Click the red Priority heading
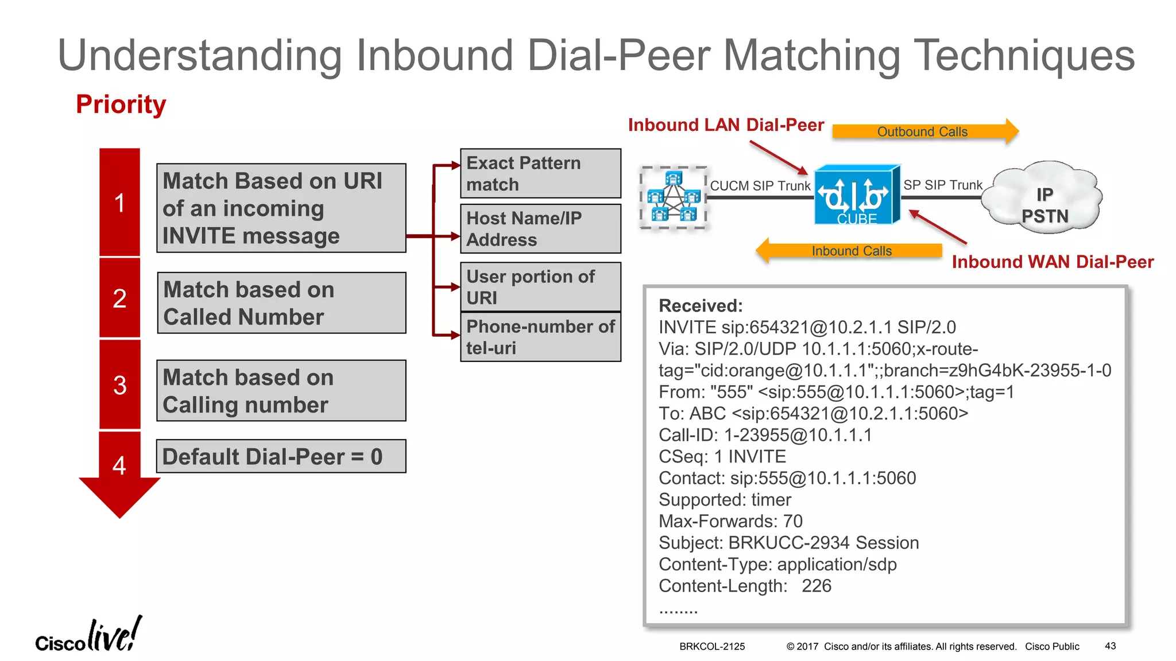point(121,104)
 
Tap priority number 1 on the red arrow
point(119,203)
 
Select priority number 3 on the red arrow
point(119,385)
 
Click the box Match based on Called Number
point(281,303)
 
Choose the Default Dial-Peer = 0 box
point(281,457)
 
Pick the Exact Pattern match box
point(540,173)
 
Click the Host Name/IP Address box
point(540,229)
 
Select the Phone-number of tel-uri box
point(540,337)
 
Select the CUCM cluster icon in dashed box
point(673,197)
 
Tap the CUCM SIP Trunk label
point(760,185)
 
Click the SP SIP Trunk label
point(943,185)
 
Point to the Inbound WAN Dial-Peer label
point(1052,262)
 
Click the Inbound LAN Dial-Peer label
point(726,125)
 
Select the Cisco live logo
point(88,636)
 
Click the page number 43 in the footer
point(1110,646)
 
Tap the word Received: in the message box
point(701,306)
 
